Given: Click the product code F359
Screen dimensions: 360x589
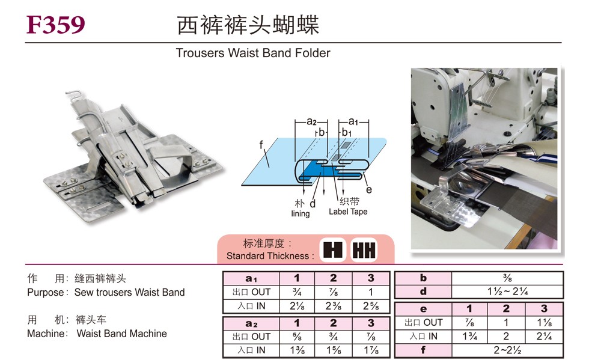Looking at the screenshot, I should (56, 25).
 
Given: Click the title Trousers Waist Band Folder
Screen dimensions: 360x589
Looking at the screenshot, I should (253, 53).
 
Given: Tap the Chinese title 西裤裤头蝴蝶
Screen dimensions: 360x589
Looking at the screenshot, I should (248, 25).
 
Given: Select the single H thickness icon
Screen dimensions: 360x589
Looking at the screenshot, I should (332, 249).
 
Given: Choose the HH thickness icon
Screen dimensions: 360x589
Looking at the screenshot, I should (364, 249).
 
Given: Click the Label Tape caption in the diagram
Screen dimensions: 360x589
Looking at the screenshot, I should (348, 212).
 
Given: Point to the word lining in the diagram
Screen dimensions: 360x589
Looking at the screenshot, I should (301, 213).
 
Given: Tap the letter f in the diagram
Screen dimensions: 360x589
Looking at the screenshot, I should (261, 144).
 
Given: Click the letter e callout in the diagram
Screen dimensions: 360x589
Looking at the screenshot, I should (369, 190).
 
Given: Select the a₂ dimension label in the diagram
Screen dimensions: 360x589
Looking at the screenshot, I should (312, 121).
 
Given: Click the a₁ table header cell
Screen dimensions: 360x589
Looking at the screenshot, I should (251, 278).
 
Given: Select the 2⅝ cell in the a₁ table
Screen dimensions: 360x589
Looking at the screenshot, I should (371, 306).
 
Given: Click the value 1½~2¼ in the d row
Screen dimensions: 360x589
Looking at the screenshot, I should (507, 292).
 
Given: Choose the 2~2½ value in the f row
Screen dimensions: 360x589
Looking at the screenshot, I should (507, 350).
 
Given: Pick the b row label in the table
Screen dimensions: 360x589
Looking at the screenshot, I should (423, 278).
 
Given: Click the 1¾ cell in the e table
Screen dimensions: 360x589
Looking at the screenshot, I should (470, 336).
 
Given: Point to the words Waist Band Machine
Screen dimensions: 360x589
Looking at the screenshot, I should (122, 334).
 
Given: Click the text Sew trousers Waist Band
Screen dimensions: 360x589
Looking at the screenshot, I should (130, 293).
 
